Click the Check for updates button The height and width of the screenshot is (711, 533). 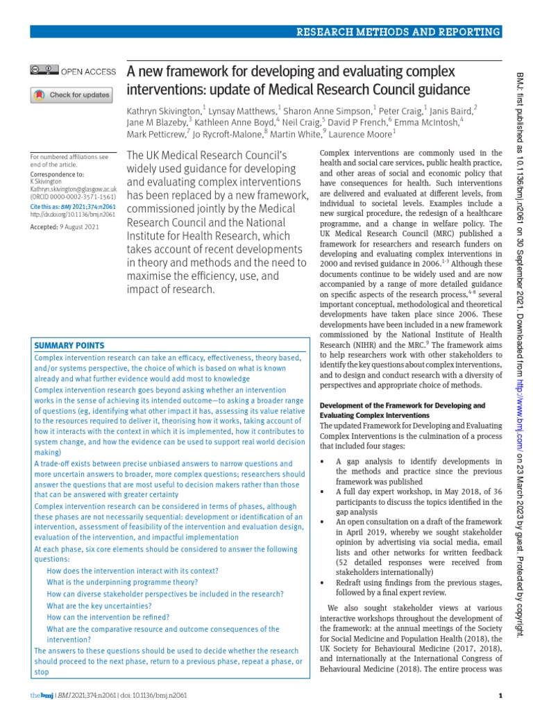(x=71, y=94)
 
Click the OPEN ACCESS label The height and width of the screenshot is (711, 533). (x=88, y=71)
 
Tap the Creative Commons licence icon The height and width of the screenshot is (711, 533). (x=44, y=71)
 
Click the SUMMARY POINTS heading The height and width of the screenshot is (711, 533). (x=70, y=345)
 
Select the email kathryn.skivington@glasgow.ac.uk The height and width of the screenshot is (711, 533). (x=73, y=189)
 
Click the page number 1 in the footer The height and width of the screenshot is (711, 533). (x=500, y=696)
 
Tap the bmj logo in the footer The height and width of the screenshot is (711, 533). (x=42, y=696)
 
